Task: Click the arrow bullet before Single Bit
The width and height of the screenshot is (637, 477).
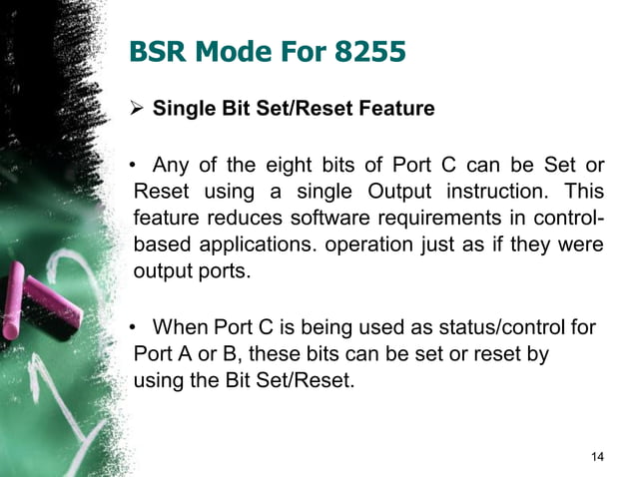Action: tap(139, 108)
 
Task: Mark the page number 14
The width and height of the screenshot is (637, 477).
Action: tap(597, 456)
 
